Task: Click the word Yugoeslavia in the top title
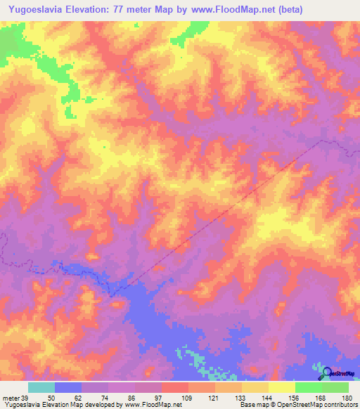pos(35,10)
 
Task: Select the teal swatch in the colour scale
pos(41,387)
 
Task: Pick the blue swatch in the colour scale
pos(67,387)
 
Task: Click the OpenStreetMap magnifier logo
pos(326,373)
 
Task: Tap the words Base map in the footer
pos(252,405)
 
